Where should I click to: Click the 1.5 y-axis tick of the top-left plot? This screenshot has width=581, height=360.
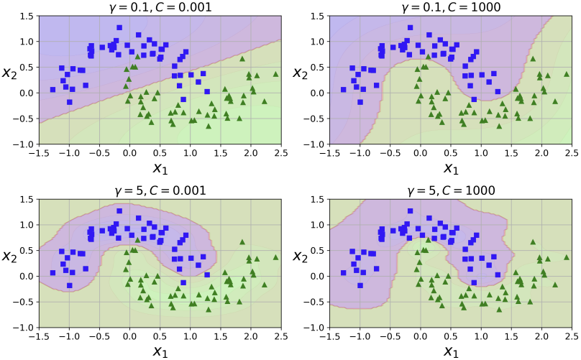pyautogui.click(x=25, y=16)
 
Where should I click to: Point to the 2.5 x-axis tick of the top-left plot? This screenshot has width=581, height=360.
pyautogui.click(x=281, y=153)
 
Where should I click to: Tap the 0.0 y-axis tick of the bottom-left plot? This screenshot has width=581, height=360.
pyautogui.click(x=25, y=276)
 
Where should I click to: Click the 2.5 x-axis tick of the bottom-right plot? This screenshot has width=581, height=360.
pyautogui.click(x=571, y=336)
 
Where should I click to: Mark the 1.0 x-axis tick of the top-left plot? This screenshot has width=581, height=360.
pyautogui.click(x=190, y=153)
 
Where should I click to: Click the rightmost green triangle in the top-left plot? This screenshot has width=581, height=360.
pyautogui.click(x=275, y=74)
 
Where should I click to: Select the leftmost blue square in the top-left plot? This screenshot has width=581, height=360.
pyautogui.click(x=52, y=90)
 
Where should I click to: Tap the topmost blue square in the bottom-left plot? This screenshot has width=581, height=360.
pyautogui.click(x=119, y=211)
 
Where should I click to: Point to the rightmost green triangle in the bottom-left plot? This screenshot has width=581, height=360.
pyautogui.click(x=275, y=257)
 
